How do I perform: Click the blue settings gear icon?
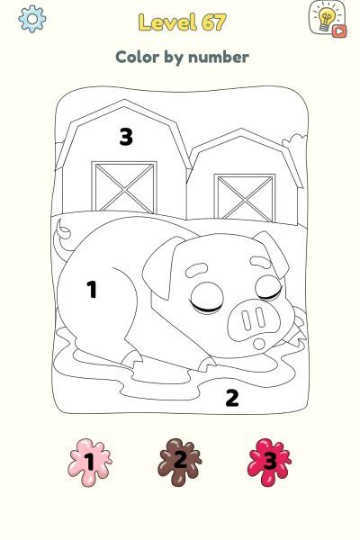32,19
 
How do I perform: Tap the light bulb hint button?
328,19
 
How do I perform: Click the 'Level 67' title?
182,22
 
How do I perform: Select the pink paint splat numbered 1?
90,462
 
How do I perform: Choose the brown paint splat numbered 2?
179,462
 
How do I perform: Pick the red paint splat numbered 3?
269,462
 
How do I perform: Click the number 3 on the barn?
126,137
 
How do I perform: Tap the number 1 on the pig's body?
92,289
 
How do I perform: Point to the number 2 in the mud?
232,398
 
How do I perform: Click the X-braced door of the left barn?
124,186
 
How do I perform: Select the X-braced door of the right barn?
245,198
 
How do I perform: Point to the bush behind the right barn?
294,143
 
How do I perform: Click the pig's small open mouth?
259,344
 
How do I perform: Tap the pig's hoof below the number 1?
132,359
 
